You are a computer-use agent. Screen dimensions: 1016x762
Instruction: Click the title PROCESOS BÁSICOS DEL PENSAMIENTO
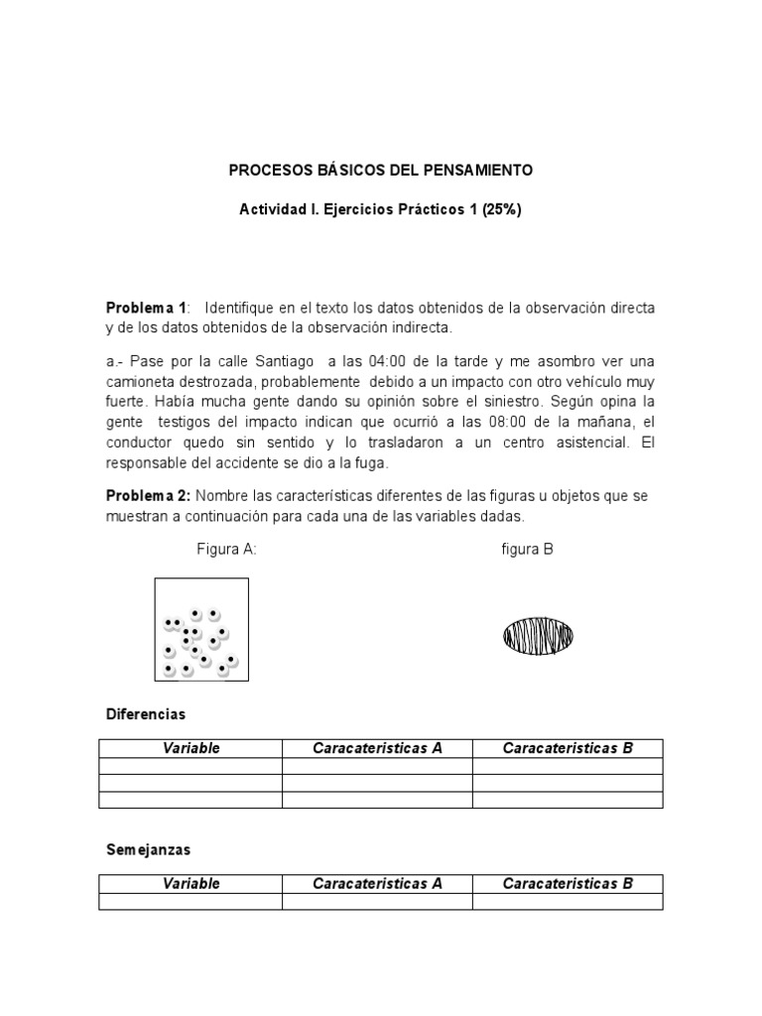[381, 171]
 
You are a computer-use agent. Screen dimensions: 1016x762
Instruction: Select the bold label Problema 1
[146, 309]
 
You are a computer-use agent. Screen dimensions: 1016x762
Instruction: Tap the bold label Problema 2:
[149, 496]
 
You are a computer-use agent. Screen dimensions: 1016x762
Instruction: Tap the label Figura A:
[227, 550]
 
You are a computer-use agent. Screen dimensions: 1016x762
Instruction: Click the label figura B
[527, 550]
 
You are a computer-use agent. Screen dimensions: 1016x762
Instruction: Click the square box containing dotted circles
[201, 629]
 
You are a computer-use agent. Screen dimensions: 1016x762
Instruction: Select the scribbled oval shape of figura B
[538, 636]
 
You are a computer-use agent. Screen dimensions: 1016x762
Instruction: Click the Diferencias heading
[146, 714]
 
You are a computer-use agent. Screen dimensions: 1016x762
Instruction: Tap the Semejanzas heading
[148, 850]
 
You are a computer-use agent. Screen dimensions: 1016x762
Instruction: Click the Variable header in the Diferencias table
[190, 748]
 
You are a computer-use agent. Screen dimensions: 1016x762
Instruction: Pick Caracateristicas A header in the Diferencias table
[377, 748]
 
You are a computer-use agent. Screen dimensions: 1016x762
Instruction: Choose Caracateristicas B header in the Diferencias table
[568, 748]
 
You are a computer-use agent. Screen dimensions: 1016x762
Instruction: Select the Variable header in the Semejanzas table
[190, 883]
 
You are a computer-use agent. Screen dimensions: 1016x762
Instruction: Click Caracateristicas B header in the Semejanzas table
[568, 883]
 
